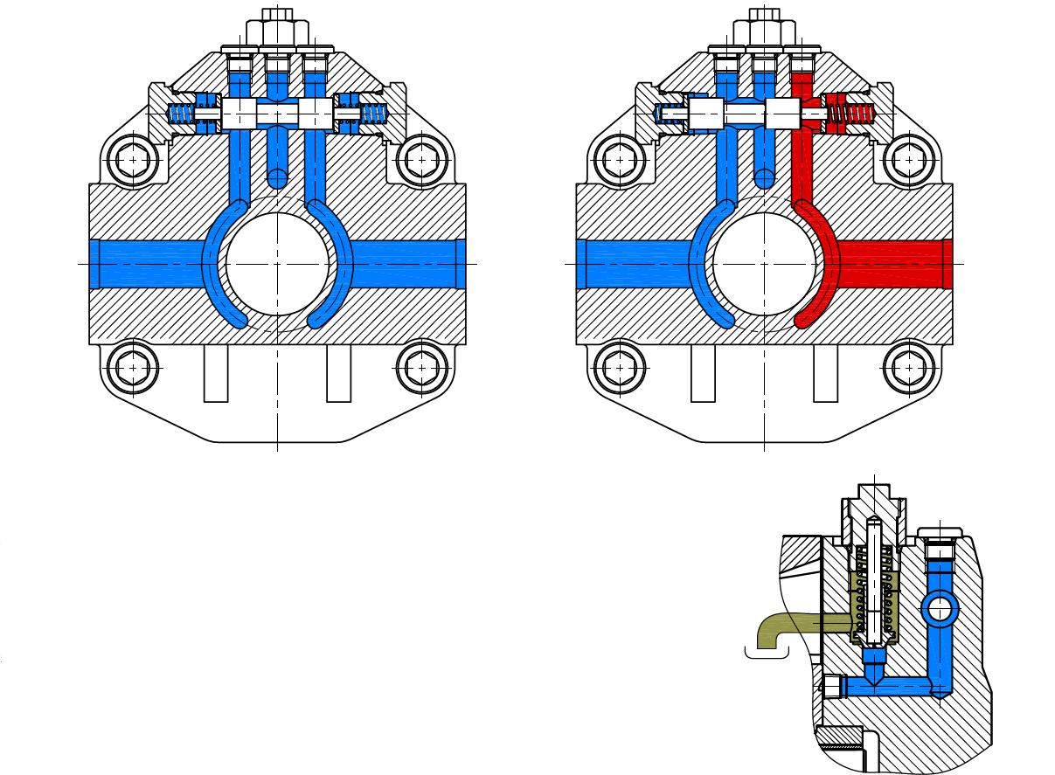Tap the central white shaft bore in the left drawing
point(277,263)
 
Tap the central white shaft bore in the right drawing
point(765,263)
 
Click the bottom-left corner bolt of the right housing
point(620,368)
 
